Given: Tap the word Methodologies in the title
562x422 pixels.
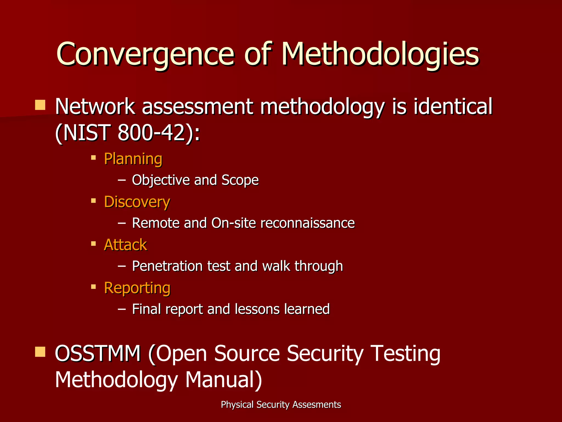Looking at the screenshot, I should click(x=380, y=54).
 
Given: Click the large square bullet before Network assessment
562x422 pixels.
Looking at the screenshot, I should click(x=40, y=105).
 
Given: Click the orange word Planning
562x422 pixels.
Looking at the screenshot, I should click(x=133, y=159).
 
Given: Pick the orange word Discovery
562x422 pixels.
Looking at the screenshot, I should click(x=137, y=202).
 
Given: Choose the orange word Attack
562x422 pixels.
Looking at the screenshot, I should click(x=125, y=245).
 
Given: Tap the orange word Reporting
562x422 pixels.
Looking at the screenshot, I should click(x=137, y=288).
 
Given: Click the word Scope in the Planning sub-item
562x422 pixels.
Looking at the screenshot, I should click(x=240, y=180).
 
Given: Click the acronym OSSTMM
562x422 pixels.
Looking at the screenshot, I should click(x=98, y=354).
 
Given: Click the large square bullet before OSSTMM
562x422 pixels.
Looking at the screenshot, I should click(x=40, y=352).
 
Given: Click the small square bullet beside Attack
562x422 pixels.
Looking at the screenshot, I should click(x=94, y=244).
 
